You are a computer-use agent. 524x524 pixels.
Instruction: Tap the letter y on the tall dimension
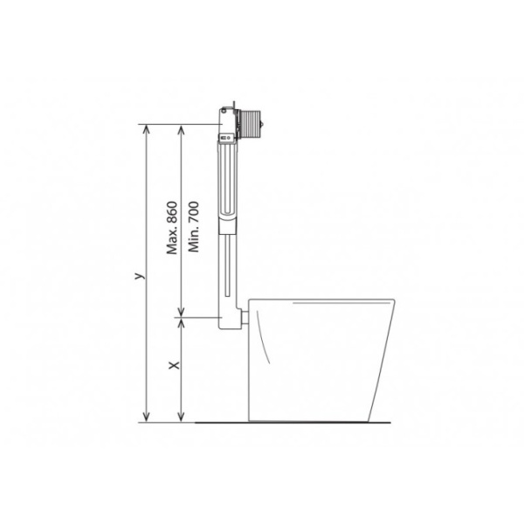137,275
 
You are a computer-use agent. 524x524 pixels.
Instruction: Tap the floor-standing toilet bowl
319,358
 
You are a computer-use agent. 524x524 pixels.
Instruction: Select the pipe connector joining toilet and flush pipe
246,317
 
